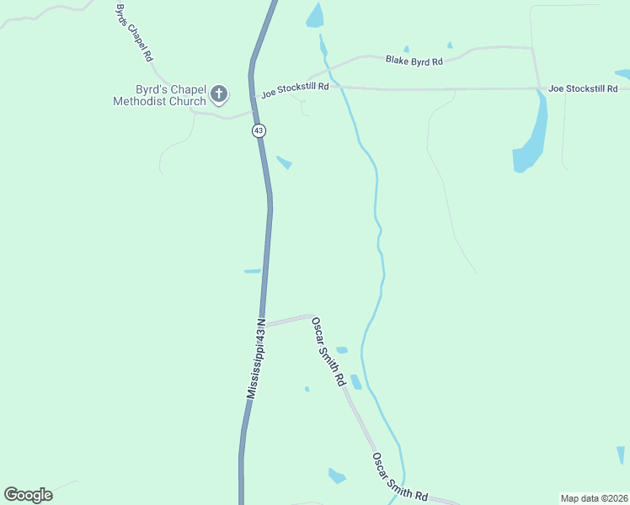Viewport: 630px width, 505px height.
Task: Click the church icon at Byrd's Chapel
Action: click(219, 93)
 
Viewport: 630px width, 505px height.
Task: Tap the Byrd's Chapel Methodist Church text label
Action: click(160, 95)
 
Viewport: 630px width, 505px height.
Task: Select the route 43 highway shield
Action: click(257, 130)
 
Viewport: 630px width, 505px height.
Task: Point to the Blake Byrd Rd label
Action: click(414, 61)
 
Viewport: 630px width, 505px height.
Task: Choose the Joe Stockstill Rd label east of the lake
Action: click(583, 88)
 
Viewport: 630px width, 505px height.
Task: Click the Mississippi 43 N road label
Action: click(256, 359)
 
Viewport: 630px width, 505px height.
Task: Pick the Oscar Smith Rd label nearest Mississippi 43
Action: click(328, 352)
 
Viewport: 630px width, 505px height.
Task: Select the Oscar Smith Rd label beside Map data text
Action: click(400, 477)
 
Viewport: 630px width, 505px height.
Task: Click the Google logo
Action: click(28, 495)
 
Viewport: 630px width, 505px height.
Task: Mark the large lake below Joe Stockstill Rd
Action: click(531, 139)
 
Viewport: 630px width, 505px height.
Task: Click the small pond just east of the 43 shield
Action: click(284, 162)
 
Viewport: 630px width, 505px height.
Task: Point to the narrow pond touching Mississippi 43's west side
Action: click(252, 271)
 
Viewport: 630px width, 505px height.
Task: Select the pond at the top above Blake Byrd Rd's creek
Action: click(315, 14)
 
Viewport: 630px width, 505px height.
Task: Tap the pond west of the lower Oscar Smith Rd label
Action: click(337, 476)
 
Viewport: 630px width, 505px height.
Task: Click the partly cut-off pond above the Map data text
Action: click(622, 455)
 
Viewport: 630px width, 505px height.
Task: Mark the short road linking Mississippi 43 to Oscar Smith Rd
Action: click(289, 320)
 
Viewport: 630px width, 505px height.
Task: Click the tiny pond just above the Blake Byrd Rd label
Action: click(406, 49)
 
